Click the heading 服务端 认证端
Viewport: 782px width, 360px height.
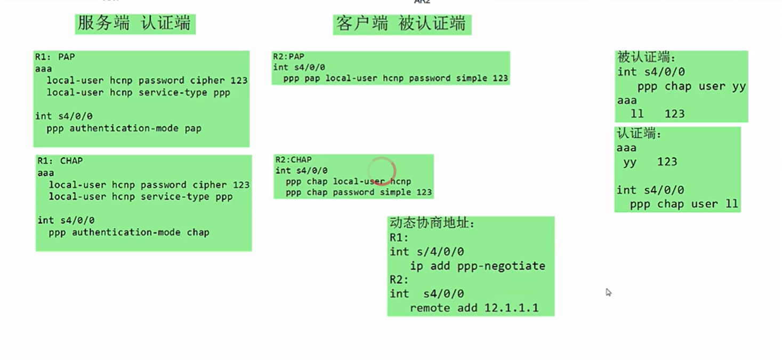135,23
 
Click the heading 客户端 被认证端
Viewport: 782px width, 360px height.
401,24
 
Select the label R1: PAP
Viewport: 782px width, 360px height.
55,57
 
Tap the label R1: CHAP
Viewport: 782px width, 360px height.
60,161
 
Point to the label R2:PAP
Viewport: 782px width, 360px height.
288,57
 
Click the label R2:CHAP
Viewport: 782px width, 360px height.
293,159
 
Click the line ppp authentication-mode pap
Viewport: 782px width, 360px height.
124,129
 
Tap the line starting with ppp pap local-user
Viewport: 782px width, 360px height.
395,78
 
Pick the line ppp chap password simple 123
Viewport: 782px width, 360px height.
358,192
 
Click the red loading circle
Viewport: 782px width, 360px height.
382,171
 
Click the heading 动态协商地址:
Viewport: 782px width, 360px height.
432,223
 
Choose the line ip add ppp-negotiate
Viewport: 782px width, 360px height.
477,266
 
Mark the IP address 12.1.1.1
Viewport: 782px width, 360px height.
511,308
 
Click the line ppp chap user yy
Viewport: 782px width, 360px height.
691,86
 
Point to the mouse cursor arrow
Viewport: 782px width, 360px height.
608,292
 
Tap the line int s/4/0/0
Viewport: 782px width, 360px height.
426,252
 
